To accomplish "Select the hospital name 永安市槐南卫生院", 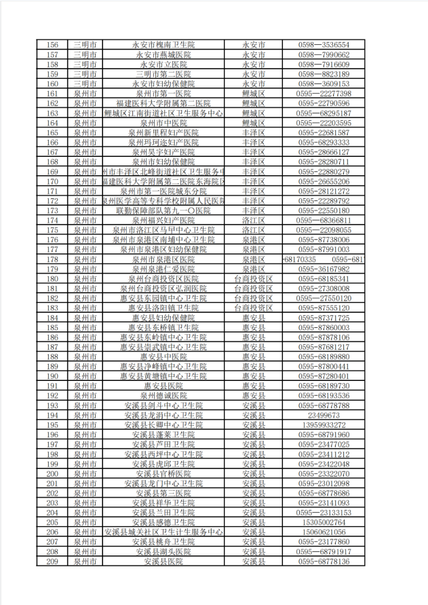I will tap(163, 45).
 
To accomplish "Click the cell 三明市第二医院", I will tap(163, 74).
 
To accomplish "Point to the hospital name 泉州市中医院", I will tap(163, 123).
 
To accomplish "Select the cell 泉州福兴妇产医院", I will tap(163, 221).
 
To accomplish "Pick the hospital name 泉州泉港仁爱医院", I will tap(163, 270).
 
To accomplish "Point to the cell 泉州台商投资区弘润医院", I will tap(163, 289).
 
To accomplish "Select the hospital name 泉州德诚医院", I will tap(163, 396).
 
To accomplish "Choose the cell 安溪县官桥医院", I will tap(163, 474).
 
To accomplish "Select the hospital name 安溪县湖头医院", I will tap(163, 552).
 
